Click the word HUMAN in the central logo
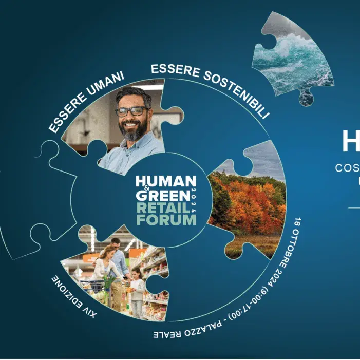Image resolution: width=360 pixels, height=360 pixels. tap(165, 181)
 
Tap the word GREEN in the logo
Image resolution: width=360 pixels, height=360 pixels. tap(162, 196)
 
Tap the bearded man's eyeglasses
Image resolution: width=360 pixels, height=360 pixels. tap(132, 111)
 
